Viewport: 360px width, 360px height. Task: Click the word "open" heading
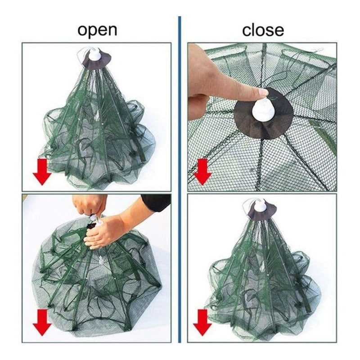tap(97, 30)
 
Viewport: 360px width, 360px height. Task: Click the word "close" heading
tap(263, 30)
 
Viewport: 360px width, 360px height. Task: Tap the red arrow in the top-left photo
tap(42, 172)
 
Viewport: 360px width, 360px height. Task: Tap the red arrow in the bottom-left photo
tap(42, 322)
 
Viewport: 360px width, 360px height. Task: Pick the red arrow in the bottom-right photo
tap(202, 322)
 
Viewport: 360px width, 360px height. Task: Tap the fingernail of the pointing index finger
tap(263, 92)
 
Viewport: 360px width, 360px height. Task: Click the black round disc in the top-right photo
tap(264, 114)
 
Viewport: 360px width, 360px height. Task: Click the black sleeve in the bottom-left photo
tap(157, 202)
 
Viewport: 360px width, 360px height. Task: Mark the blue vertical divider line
tap(180, 179)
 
